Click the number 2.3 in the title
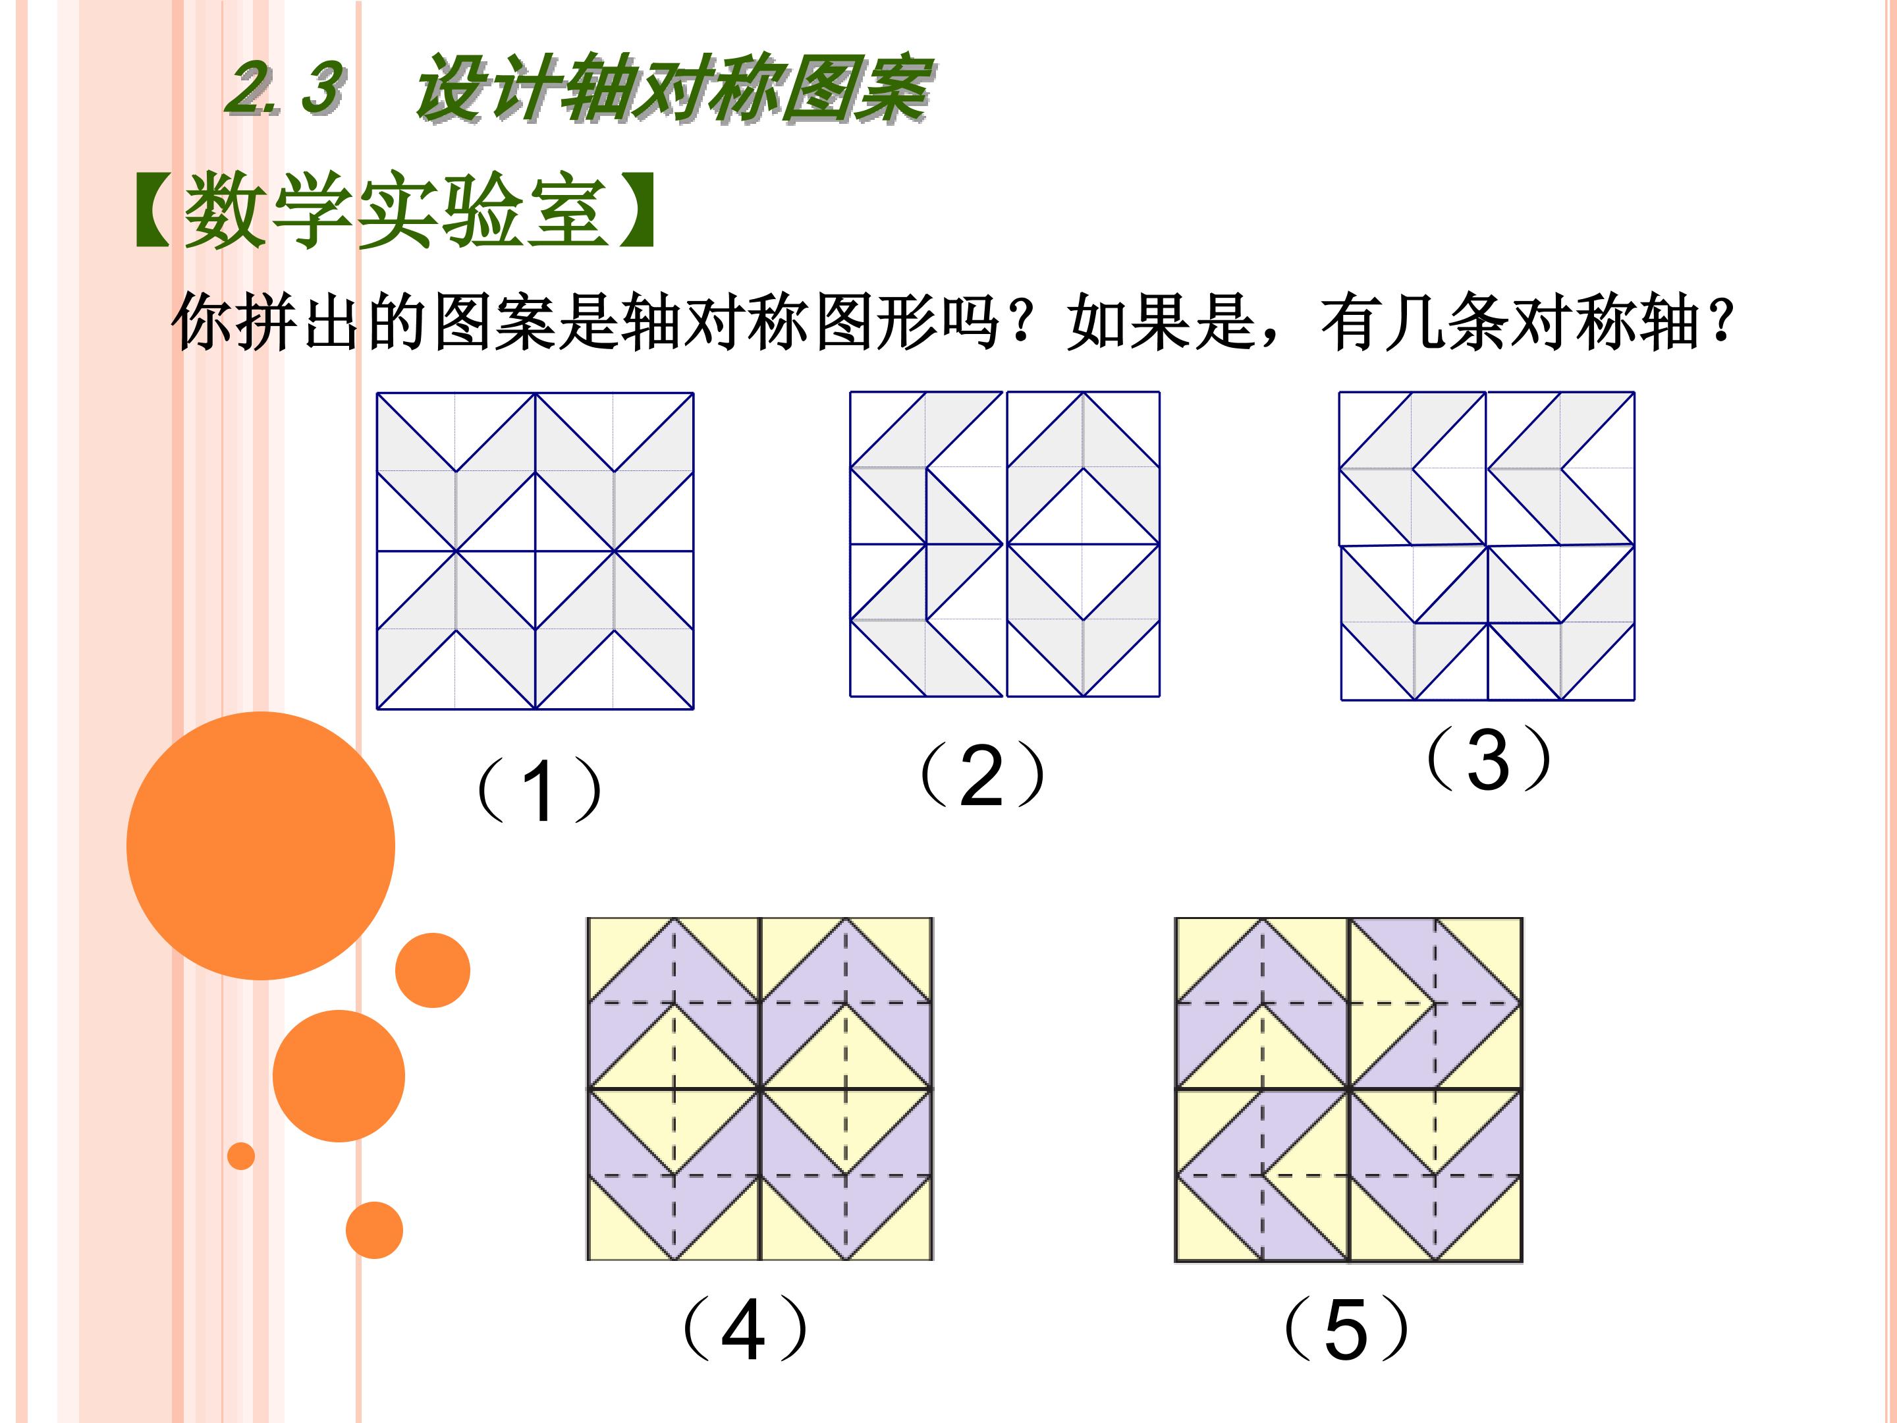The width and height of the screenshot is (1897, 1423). click(x=286, y=88)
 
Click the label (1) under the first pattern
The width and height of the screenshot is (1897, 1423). click(x=539, y=789)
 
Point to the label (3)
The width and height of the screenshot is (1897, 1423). click(x=1488, y=758)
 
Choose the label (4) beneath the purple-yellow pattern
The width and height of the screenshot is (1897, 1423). click(x=744, y=1329)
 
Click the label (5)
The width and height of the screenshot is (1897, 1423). click(x=1345, y=1329)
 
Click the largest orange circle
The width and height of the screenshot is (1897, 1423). click(x=261, y=846)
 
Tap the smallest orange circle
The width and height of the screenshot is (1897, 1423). click(x=241, y=1156)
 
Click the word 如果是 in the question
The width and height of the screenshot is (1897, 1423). click(x=1162, y=323)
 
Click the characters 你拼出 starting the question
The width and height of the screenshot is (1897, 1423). click(x=266, y=323)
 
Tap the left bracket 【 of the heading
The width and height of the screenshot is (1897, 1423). click(x=153, y=210)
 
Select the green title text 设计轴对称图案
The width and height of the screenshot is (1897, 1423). click(x=673, y=88)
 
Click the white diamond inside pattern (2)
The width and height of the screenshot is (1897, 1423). click(x=1082, y=544)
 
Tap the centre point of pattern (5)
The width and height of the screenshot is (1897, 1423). click(x=1349, y=1090)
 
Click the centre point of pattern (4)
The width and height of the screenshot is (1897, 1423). click(x=760, y=1088)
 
